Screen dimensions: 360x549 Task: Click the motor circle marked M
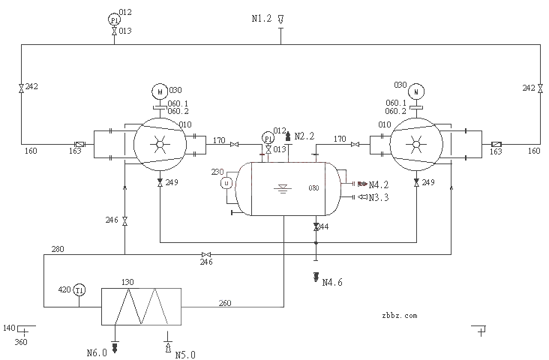(159, 91)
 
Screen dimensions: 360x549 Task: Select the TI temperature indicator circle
(79, 290)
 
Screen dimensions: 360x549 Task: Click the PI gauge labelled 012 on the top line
(114, 20)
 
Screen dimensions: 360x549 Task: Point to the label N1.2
(262, 18)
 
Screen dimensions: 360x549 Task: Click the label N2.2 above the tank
(304, 136)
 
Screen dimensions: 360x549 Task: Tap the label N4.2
(378, 184)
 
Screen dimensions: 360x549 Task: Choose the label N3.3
(378, 197)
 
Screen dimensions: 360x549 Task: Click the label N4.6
(332, 283)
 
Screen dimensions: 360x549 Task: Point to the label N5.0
(185, 354)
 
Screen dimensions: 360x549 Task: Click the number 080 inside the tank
(314, 189)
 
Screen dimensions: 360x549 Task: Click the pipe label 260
(225, 303)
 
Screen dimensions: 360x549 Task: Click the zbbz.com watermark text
(399, 316)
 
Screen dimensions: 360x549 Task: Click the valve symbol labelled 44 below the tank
(316, 226)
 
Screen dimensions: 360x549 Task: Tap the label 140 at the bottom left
(9, 328)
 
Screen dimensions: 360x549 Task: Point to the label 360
(21, 342)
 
